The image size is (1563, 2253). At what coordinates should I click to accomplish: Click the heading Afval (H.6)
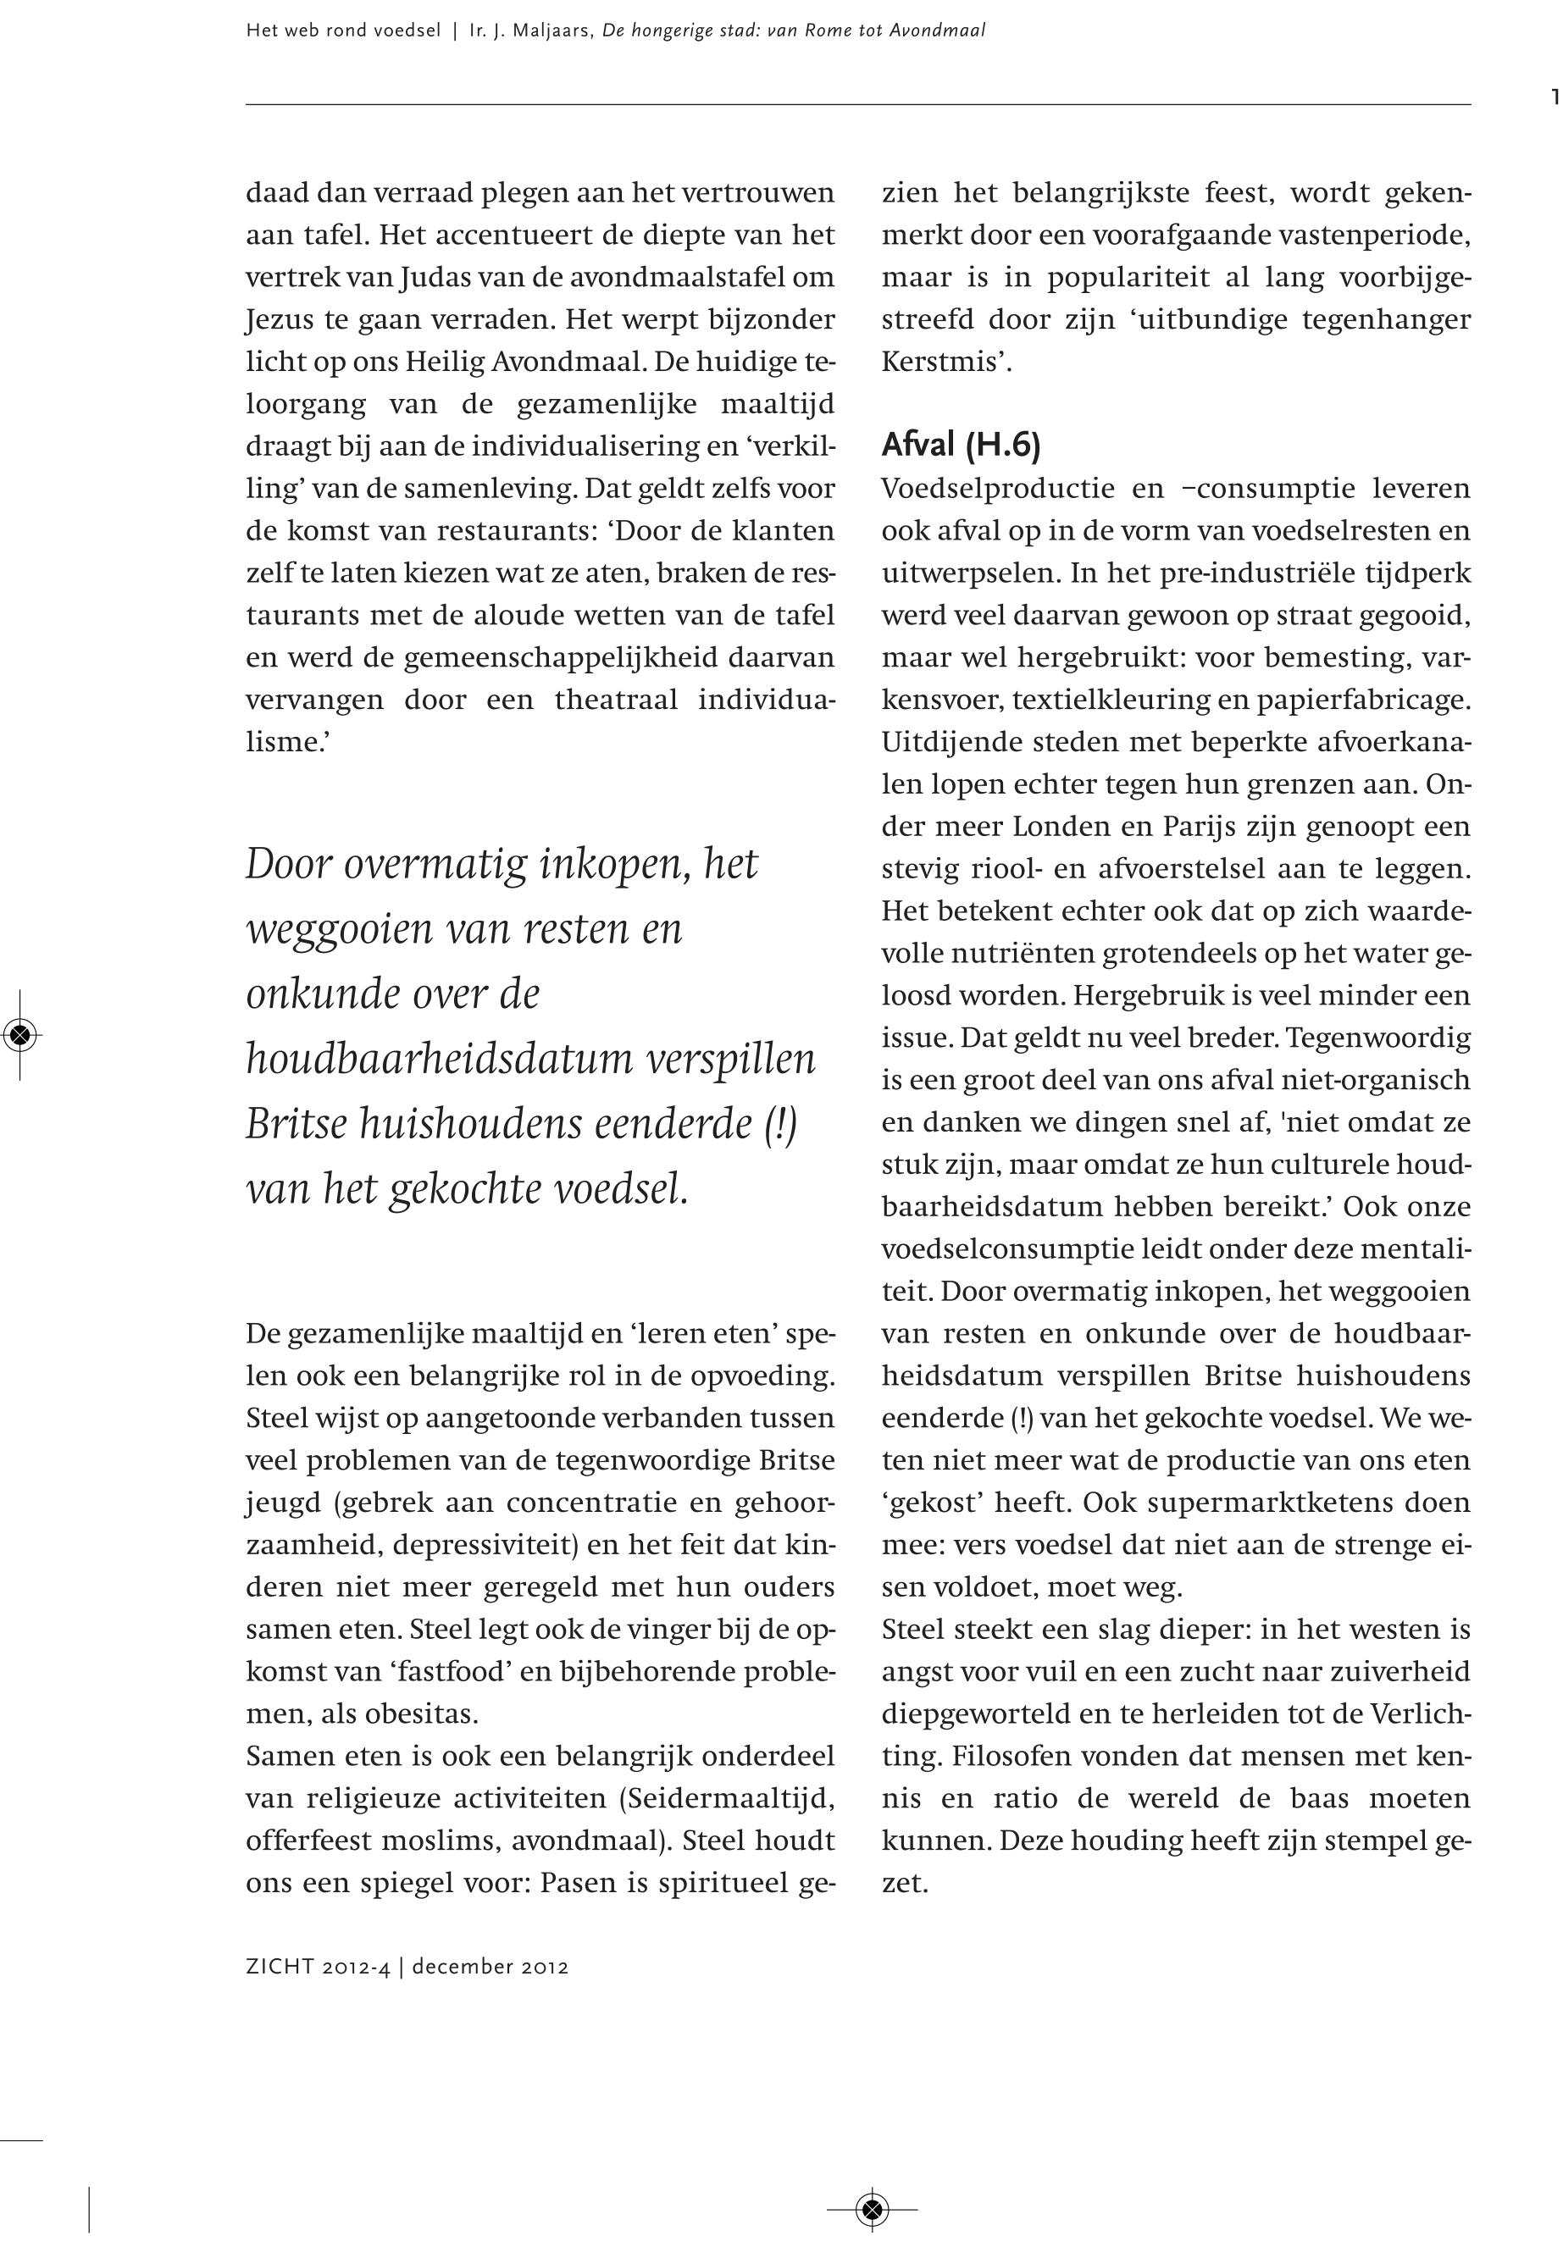[961, 446]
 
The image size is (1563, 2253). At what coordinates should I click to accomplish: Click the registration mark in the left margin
[19, 1034]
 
